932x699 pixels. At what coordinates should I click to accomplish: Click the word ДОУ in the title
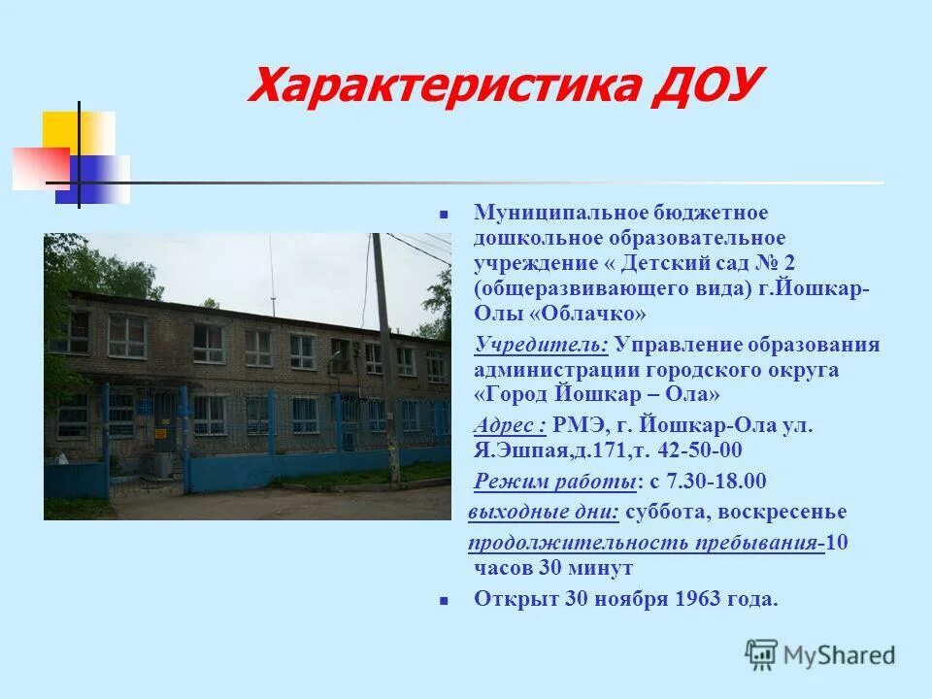(695, 84)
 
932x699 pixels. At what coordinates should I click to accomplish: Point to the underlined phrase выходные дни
(544, 512)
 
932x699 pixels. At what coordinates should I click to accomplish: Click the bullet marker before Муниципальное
(442, 212)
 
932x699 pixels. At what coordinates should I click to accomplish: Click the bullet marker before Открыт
(442, 600)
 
